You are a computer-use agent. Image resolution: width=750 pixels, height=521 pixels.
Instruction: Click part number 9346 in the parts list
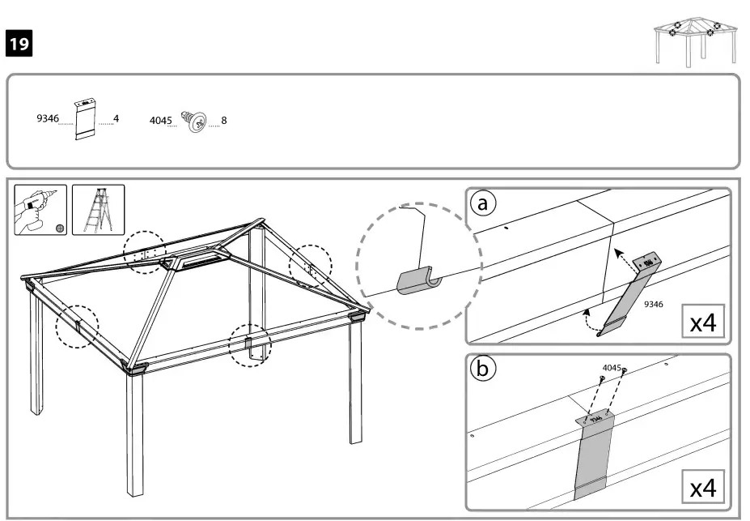click(x=48, y=118)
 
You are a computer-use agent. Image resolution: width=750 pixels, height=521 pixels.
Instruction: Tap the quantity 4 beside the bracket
click(x=116, y=118)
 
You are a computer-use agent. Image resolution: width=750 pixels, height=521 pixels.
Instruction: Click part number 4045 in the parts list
click(x=161, y=120)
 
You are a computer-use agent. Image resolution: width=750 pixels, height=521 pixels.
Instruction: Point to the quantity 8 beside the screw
click(x=224, y=120)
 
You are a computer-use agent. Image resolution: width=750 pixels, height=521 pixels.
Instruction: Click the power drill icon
click(x=40, y=209)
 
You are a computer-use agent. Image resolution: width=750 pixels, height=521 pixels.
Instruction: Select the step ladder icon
click(x=98, y=209)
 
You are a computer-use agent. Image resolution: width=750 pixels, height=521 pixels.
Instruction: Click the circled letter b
click(x=484, y=369)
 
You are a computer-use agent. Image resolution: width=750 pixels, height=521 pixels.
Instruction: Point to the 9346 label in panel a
click(x=655, y=305)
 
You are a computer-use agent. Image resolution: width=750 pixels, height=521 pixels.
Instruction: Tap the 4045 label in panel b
click(x=612, y=368)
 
